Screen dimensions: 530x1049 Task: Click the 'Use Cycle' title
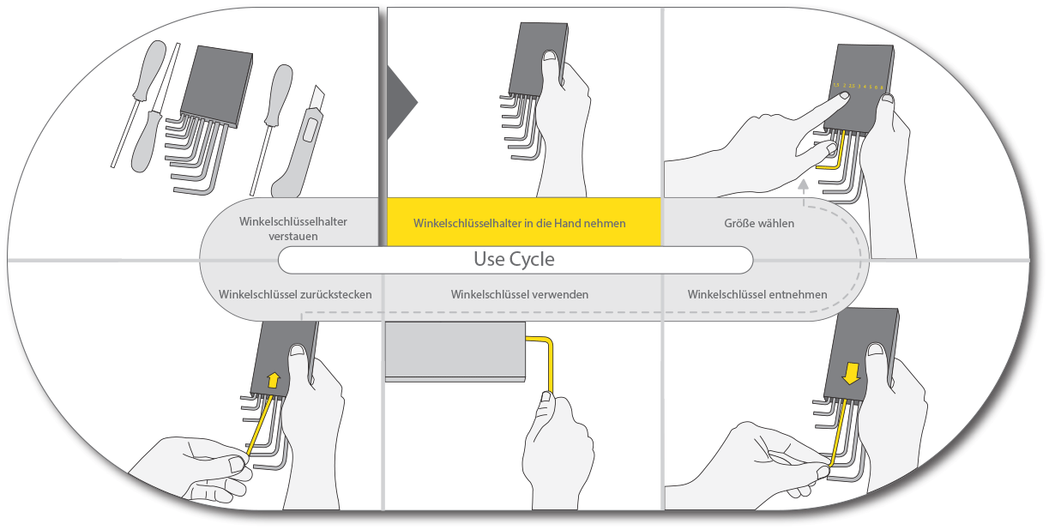(x=515, y=259)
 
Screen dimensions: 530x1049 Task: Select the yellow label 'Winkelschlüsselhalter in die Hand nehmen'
(x=520, y=223)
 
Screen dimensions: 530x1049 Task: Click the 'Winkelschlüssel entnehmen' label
(x=757, y=294)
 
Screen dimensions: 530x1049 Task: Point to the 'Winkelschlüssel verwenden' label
(x=520, y=294)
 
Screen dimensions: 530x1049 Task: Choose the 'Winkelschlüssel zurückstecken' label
(x=295, y=294)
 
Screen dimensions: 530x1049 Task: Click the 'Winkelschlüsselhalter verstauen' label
(x=293, y=227)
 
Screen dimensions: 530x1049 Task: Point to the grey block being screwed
(x=455, y=350)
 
